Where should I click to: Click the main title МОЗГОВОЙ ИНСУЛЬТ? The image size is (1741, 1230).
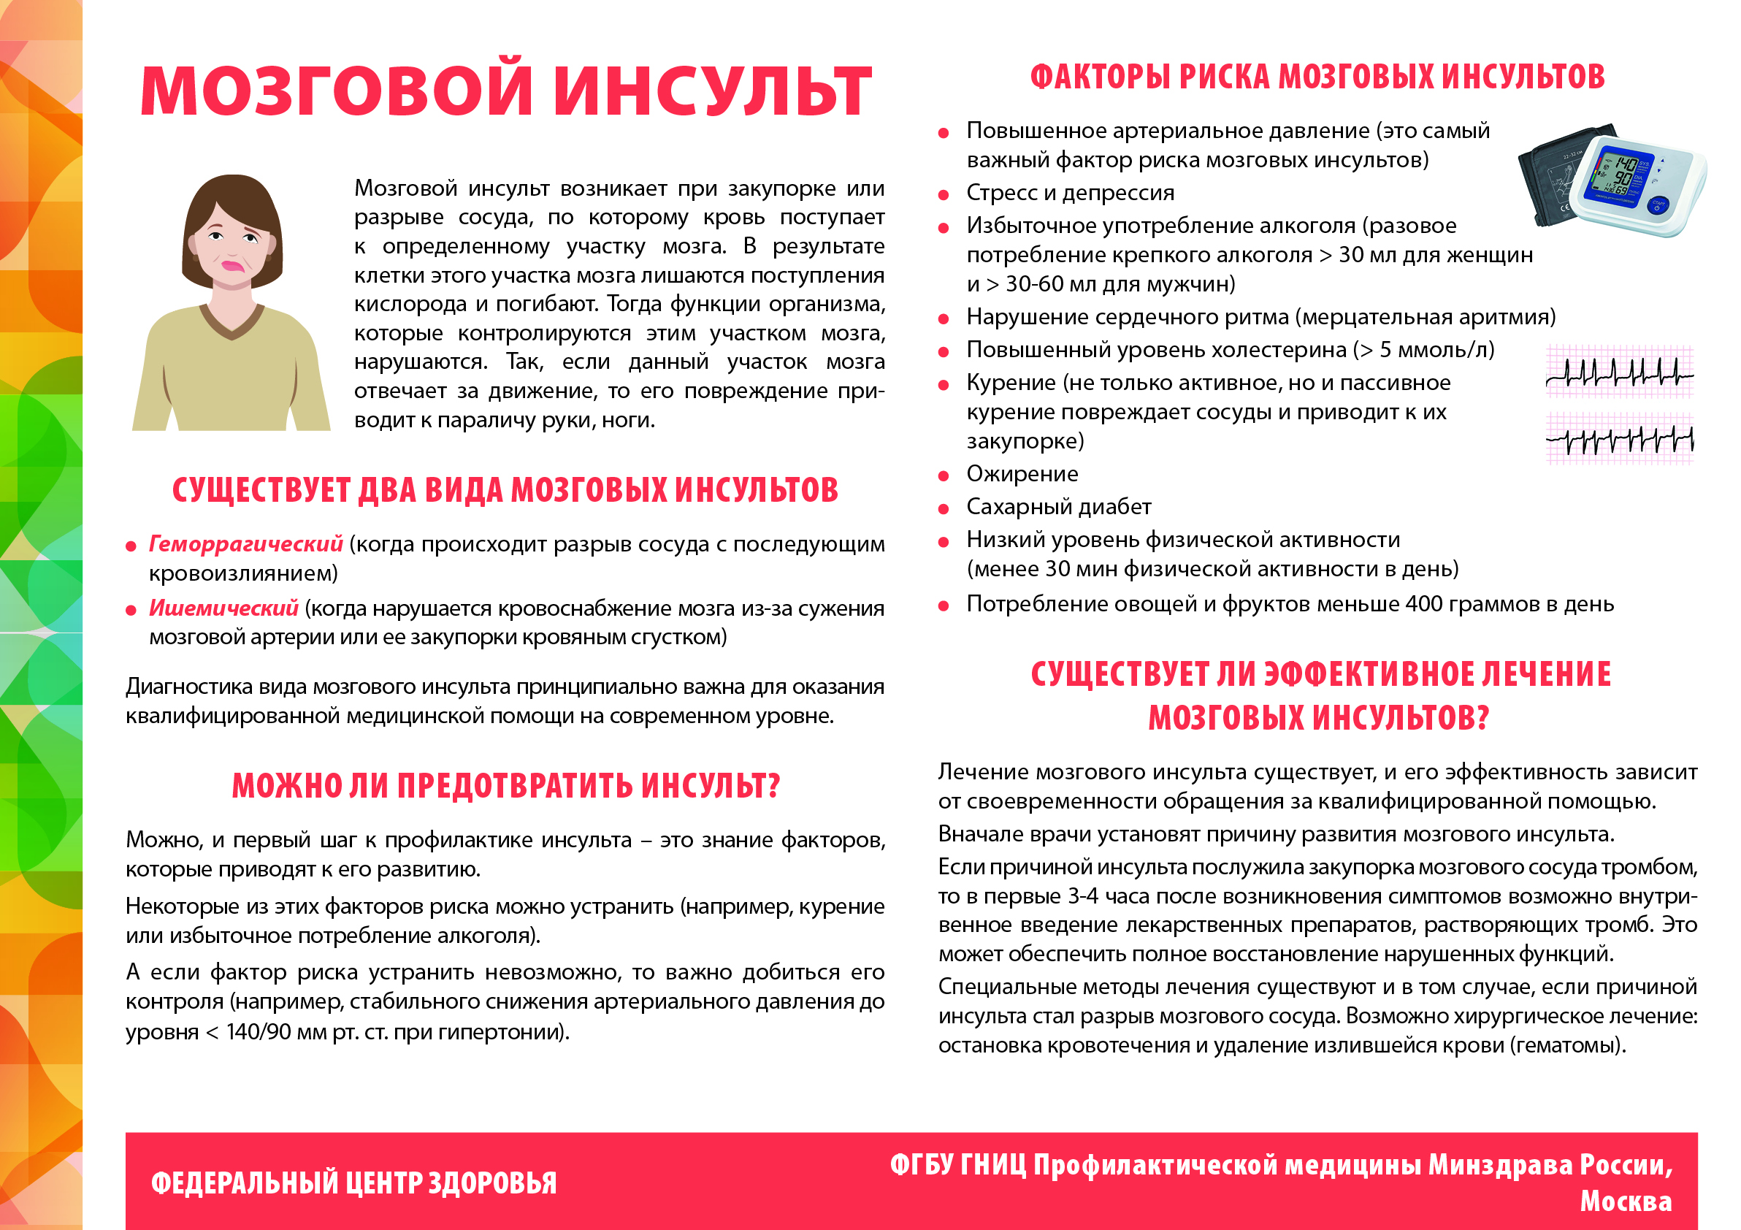tap(506, 91)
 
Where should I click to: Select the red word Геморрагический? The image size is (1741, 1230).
tap(245, 544)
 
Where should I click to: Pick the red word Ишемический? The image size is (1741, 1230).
tap(223, 608)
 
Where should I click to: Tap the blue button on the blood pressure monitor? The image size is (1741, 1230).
tap(1658, 204)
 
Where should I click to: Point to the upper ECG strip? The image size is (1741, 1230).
tap(1619, 372)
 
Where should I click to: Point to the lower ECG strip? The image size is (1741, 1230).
tap(1619, 438)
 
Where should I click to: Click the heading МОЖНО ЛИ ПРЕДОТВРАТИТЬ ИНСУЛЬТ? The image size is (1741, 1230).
tap(506, 786)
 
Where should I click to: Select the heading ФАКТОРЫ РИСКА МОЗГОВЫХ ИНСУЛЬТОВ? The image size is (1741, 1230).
tap(1317, 77)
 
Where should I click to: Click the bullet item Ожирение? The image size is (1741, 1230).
tap(1022, 474)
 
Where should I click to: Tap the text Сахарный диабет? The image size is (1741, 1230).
tap(1059, 507)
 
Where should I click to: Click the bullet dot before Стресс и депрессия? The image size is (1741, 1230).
tap(944, 195)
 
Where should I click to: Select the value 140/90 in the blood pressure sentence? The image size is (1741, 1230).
tap(261, 1032)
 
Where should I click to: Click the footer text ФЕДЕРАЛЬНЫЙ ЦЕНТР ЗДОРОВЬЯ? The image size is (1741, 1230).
tap(353, 1183)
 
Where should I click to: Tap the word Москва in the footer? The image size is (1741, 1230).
tap(1626, 1201)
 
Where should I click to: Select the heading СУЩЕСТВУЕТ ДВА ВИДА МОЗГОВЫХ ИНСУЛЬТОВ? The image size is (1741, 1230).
tap(505, 490)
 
